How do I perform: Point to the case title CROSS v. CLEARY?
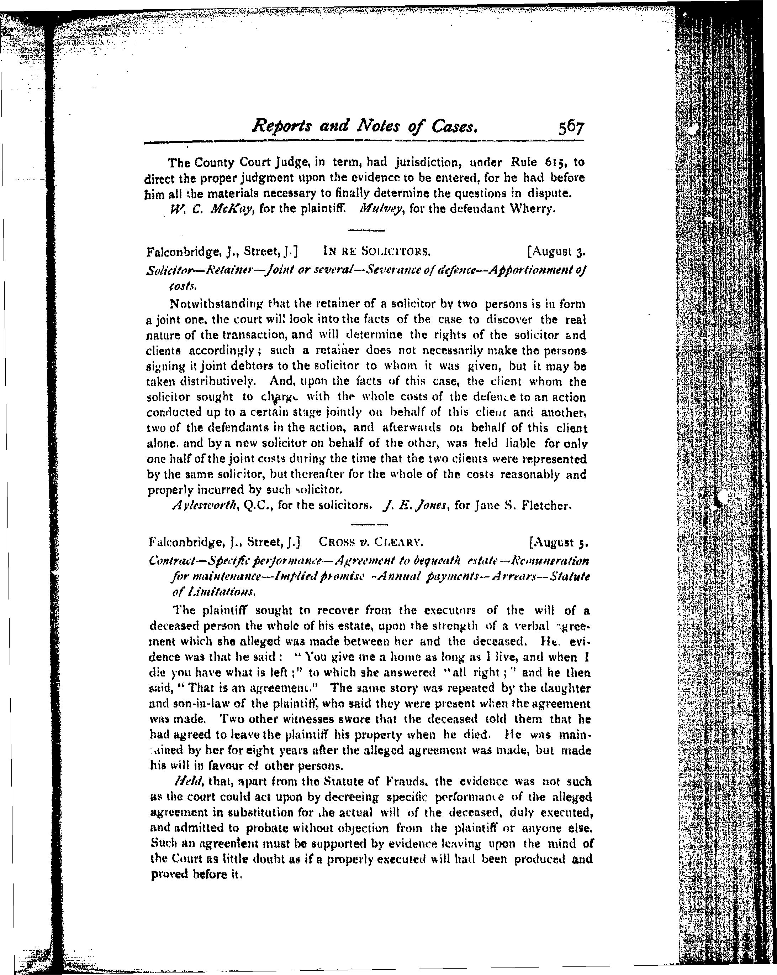[x=370, y=542]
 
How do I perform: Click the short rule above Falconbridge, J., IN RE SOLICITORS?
[x=366, y=230]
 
